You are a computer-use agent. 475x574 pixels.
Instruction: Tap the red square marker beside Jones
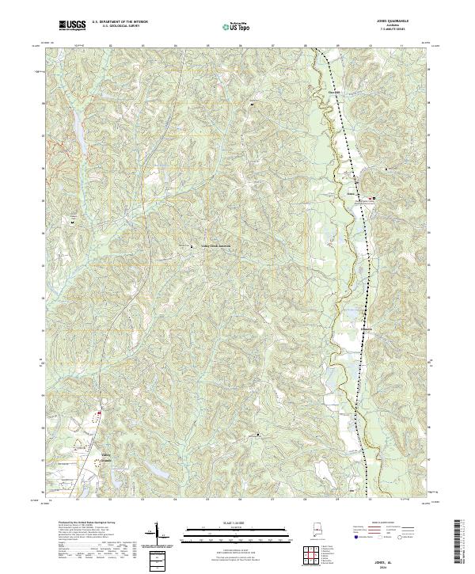click(x=375, y=198)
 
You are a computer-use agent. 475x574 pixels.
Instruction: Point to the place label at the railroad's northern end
click(x=335, y=93)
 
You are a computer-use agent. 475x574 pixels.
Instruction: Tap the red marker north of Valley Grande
click(x=100, y=412)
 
